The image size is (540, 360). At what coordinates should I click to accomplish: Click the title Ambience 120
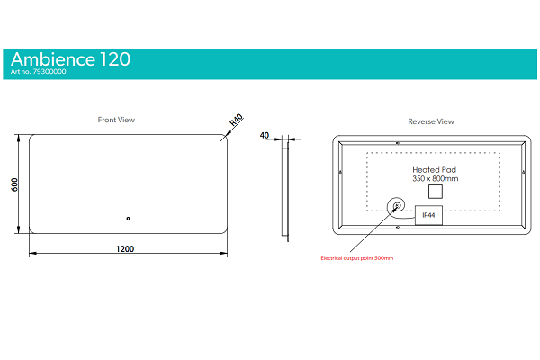pyautogui.click(x=70, y=59)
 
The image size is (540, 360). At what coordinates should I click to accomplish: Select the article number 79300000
pyautogui.click(x=49, y=72)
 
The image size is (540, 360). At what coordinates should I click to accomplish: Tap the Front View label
pyautogui.click(x=116, y=120)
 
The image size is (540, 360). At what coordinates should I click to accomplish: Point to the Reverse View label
pyautogui.click(x=431, y=121)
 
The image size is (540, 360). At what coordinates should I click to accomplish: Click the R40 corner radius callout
pyautogui.click(x=236, y=120)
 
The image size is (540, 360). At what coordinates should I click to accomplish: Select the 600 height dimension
pyautogui.click(x=14, y=184)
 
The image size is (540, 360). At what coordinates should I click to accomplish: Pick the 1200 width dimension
pyautogui.click(x=125, y=248)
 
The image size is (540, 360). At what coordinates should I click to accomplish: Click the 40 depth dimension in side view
pyautogui.click(x=264, y=135)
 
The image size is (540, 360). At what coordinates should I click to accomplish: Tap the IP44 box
pyautogui.click(x=428, y=215)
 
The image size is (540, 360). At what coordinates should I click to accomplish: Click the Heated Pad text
pyautogui.click(x=435, y=170)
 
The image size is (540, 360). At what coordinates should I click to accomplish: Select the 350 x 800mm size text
pyautogui.click(x=436, y=179)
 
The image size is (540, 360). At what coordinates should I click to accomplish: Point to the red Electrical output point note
pyautogui.click(x=356, y=258)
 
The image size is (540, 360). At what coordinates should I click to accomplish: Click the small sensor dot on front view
pyautogui.click(x=128, y=219)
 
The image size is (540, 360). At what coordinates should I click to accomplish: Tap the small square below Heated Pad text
pyautogui.click(x=436, y=192)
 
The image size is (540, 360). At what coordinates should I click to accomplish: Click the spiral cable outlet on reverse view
pyautogui.click(x=396, y=206)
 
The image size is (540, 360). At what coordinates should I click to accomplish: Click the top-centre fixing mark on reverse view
pyautogui.click(x=398, y=143)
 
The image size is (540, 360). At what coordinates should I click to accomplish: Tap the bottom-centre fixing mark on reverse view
pyautogui.click(x=398, y=228)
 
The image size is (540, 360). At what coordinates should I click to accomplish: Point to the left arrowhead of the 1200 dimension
pyautogui.click(x=32, y=254)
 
